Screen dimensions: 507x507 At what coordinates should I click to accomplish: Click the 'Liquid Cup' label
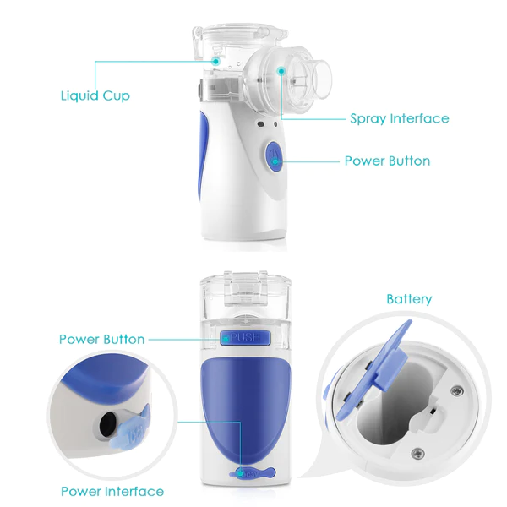click(95, 96)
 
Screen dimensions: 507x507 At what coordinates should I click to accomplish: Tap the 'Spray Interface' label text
click(400, 118)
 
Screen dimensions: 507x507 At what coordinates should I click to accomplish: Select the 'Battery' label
click(409, 299)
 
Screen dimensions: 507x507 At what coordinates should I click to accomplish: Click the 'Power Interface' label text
click(112, 491)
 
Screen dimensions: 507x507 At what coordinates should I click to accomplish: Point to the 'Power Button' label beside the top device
click(387, 161)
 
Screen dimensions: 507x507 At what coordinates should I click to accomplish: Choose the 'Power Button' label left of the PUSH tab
click(102, 339)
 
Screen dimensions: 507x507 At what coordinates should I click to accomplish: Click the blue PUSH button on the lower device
click(245, 338)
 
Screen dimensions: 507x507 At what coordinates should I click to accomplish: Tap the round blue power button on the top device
click(274, 157)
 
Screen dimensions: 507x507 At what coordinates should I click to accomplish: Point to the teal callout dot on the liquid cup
click(216, 61)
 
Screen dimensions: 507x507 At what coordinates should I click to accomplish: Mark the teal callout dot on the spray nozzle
click(281, 71)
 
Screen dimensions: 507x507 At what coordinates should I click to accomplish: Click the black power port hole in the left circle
click(107, 423)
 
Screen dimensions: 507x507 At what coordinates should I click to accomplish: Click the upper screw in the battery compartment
click(457, 391)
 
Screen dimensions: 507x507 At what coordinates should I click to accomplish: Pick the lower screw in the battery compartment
click(417, 453)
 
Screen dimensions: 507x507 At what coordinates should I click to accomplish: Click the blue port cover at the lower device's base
click(252, 473)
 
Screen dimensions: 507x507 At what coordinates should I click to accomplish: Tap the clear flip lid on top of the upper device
click(239, 35)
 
